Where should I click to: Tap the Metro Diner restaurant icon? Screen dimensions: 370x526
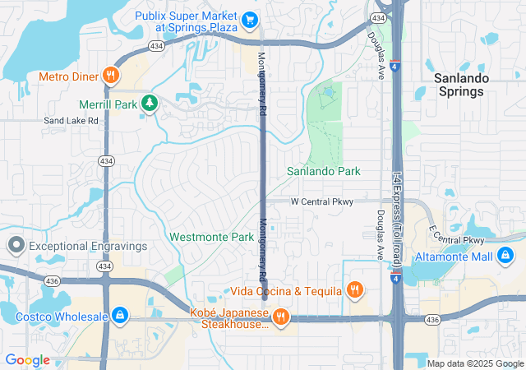(111, 76)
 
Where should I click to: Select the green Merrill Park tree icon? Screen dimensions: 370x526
(150, 104)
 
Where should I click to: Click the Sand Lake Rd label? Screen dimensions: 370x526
(71, 120)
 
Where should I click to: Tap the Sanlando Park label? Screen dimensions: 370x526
(323, 171)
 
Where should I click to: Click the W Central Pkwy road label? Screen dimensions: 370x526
(323, 201)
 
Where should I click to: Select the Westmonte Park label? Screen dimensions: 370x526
(211, 237)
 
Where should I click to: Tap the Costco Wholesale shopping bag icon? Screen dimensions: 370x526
(120, 316)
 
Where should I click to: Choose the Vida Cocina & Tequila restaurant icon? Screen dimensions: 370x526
(354, 290)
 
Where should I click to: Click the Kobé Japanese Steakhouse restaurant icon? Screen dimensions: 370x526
(280, 317)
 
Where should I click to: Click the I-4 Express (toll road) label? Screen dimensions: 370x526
(397, 206)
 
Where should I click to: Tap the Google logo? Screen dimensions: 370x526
(27, 360)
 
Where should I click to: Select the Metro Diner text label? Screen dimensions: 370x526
(67, 76)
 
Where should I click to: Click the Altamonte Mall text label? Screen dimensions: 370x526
(453, 257)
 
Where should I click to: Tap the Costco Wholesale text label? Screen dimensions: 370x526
(62, 317)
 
